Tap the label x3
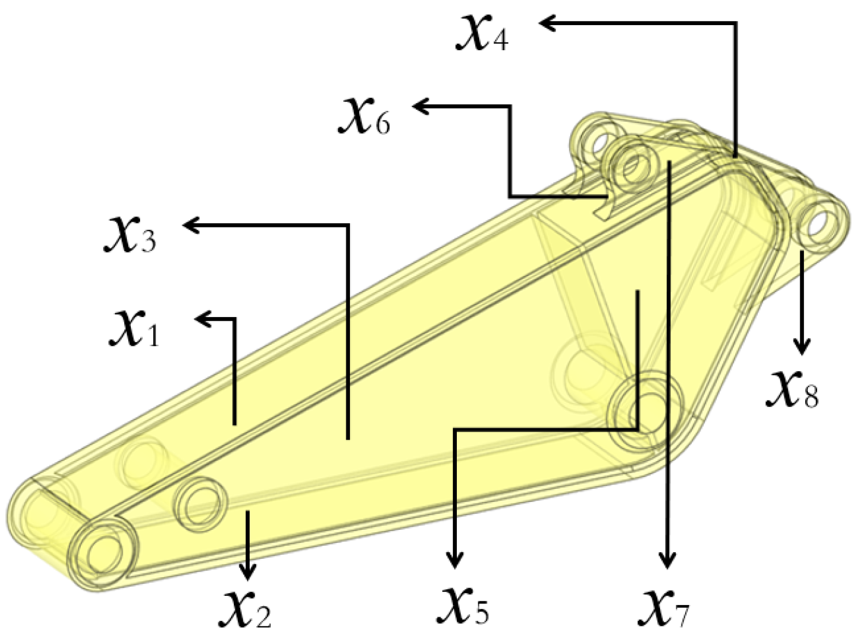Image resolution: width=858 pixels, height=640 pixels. (130, 235)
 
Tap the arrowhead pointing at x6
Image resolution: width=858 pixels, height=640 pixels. (421, 106)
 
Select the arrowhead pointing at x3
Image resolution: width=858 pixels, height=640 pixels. (191, 225)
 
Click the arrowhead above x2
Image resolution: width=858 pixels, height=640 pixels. (248, 572)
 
